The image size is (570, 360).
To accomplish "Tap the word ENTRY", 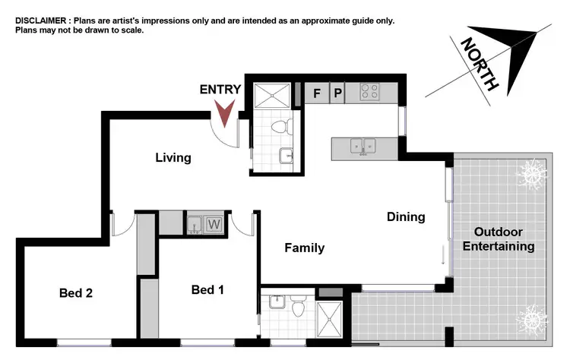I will (220, 90).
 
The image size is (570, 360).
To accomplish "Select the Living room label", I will (173, 158).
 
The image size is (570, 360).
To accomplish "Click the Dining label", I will (406, 217).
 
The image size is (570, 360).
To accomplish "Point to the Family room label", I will (304, 248).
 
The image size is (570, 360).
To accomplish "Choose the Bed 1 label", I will (207, 289).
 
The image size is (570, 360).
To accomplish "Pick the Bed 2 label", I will (76, 292).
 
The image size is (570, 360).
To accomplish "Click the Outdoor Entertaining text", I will (504, 239).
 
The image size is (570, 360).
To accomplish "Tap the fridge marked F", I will (318, 93).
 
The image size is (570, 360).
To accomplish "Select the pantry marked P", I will (338, 93).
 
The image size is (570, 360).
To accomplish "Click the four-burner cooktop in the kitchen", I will (369, 92).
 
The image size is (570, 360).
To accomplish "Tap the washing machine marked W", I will (214, 225).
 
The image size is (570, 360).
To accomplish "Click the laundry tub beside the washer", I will (195, 225).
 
